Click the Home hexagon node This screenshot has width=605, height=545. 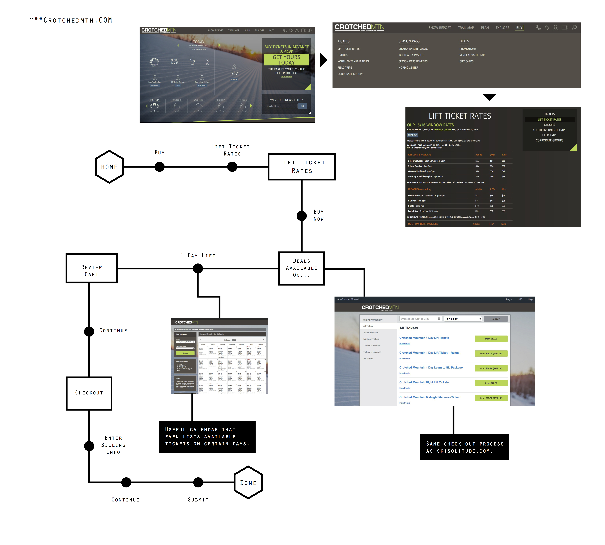pos(109,167)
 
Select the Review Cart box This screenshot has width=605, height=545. pos(91,268)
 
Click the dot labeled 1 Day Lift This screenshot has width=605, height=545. pos(198,268)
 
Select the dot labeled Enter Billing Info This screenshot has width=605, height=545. pos(89,446)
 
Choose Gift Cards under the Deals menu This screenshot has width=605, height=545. pos(466,61)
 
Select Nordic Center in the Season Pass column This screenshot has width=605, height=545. pos(408,68)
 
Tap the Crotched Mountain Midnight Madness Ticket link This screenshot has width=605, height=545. pos(429,397)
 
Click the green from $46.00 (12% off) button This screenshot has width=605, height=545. pos(491,353)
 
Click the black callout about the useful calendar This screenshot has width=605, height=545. pos(207,437)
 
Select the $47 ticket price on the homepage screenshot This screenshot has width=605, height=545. pos(234,73)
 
